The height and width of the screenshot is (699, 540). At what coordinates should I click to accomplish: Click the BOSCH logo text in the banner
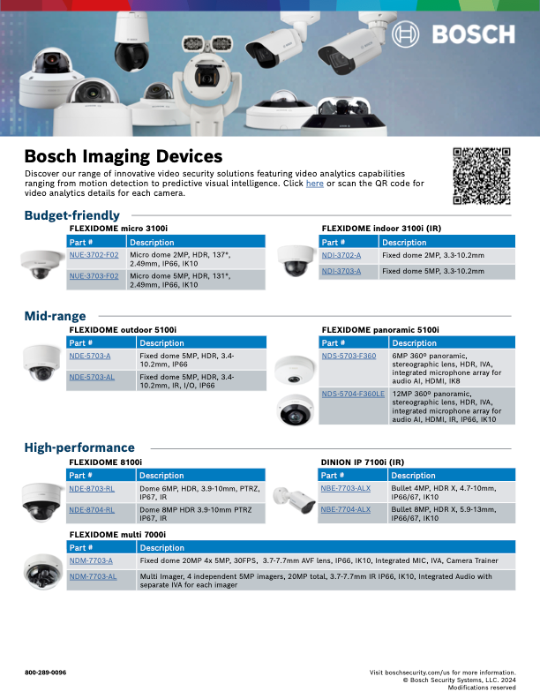coord(472,34)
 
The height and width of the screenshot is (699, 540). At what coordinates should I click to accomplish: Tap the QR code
coord(482,176)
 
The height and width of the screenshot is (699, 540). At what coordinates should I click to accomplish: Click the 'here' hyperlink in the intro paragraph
coord(314,184)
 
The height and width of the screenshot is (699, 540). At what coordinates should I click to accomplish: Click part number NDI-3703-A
coord(341,271)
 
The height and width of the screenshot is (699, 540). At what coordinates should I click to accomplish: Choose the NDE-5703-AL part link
coord(92,376)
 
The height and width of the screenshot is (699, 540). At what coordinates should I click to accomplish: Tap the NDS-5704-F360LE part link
coord(353,394)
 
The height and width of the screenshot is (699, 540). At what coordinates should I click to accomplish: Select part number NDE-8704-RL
coord(92,509)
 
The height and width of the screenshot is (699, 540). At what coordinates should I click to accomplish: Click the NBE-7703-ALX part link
coord(345,488)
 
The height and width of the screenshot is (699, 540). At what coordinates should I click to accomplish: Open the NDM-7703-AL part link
coord(93,576)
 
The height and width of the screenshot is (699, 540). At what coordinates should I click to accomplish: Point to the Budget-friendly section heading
coord(71,215)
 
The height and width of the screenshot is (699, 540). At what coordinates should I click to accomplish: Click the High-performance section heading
coord(79,447)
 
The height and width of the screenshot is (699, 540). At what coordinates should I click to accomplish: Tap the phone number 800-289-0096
coord(45,673)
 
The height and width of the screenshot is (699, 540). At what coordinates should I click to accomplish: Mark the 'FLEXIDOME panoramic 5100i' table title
coord(379,329)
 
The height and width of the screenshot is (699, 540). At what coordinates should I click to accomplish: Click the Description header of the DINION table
coord(413,475)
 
